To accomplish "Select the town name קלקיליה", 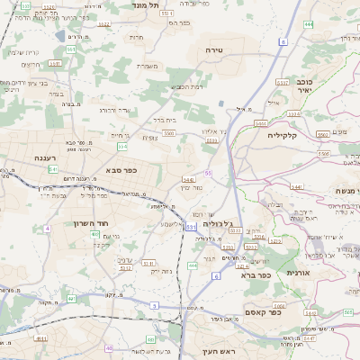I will click(288, 135).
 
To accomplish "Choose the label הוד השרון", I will click(91, 222).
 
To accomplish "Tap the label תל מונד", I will click(140, 6).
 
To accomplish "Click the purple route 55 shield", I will click(209, 172).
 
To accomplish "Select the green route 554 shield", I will click(122, 146).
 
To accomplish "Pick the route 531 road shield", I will click(191, 228).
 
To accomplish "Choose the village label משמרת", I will click(149, 66).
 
